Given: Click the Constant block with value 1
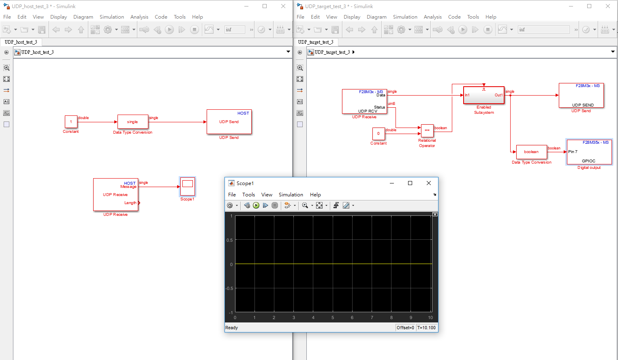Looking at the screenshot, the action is click(71, 121).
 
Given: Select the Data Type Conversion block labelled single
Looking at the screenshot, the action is click(133, 122).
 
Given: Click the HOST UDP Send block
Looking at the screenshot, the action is click(229, 122).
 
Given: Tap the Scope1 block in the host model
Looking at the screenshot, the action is click(188, 186).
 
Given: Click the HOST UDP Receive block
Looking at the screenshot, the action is click(115, 195).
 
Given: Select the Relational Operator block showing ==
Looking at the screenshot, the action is click(427, 131).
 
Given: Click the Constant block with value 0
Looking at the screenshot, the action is click(378, 134).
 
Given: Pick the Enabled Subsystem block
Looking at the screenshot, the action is click(483, 95).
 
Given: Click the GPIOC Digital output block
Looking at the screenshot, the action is click(589, 152).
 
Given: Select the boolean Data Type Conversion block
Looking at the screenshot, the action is click(531, 152).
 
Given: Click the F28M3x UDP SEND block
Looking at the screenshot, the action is click(581, 96).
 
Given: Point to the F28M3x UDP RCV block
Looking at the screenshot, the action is click(364, 101).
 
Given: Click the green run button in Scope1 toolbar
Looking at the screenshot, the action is click(256, 205).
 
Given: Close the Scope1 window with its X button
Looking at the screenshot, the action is click(428, 183).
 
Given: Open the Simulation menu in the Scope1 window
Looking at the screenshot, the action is click(291, 195).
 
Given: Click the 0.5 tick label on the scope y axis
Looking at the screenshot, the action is click(229, 240).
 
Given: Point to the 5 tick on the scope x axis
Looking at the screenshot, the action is click(333, 317).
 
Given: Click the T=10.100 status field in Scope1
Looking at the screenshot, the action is click(426, 328).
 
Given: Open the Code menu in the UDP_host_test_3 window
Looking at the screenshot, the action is click(161, 17).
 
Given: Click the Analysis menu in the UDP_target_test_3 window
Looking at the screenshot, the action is click(433, 17).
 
